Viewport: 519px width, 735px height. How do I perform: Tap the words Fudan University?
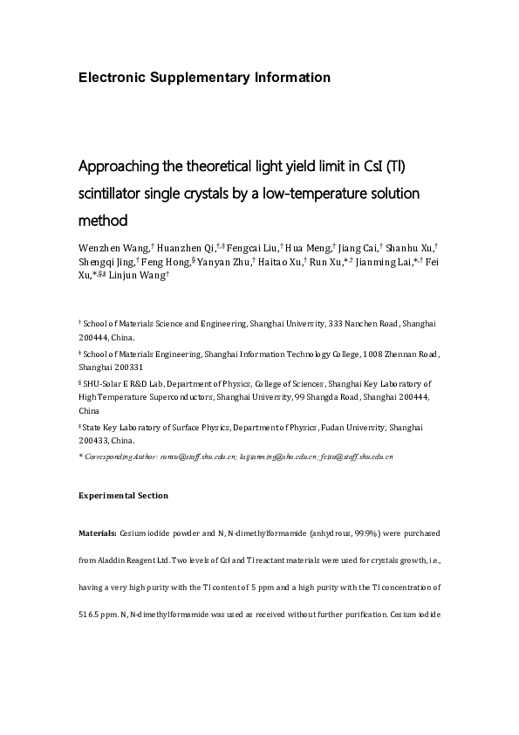(360, 428)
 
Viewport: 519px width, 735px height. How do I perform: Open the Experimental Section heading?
(123, 496)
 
